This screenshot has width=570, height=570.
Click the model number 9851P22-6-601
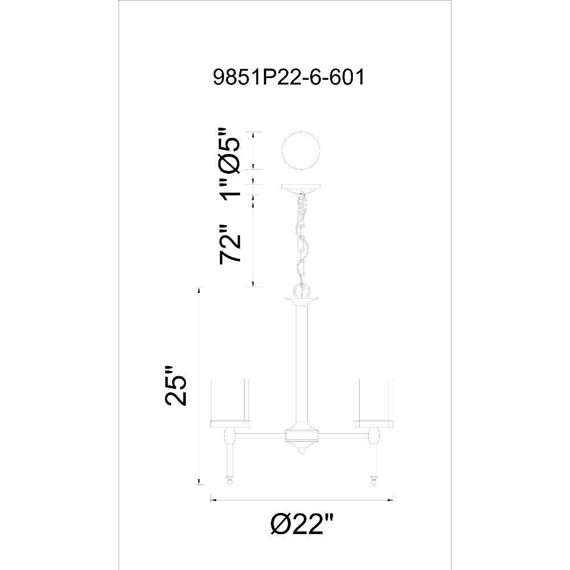tap(288, 78)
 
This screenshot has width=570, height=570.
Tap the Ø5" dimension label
tap(229, 149)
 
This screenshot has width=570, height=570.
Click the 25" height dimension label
tap(176, 385)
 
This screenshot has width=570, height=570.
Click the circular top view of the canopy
tap(302, 150)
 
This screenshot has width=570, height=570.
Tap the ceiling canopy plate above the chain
tap(302, 187)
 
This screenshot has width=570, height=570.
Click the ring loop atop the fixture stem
tap(302, 291)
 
